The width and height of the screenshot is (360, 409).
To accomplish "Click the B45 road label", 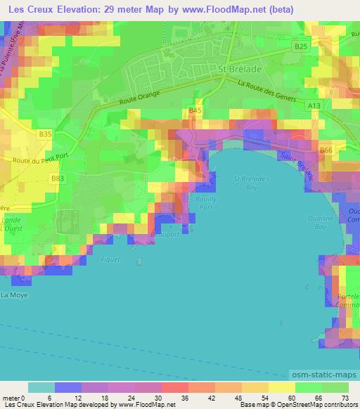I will coord(195,111).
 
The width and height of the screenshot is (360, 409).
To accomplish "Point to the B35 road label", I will coord(46,133).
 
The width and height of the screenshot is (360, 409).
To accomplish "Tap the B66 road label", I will coord(326,150).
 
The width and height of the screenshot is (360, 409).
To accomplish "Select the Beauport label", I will coord(160,236).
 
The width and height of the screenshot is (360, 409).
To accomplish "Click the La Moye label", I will coord(13,295).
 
